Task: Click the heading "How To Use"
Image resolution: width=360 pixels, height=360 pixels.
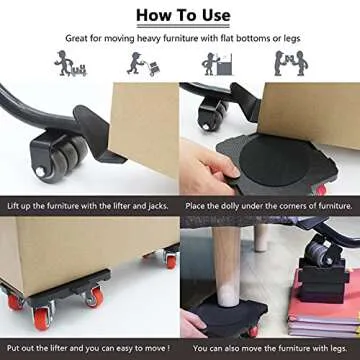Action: tap(180, 14)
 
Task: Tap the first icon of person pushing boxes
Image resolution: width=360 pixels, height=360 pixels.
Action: tap(68, 64)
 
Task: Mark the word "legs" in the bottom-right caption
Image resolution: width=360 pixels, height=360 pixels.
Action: tap(339, 348)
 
